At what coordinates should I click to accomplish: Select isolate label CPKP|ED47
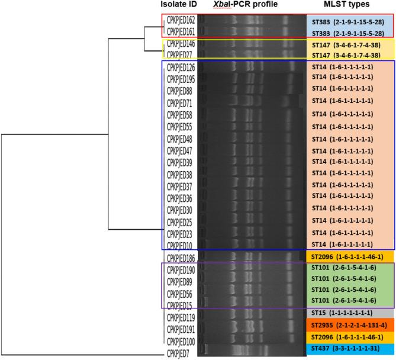point(179,151)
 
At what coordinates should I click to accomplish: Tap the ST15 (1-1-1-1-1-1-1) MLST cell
point(349,313)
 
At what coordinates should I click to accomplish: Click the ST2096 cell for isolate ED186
point(349,258)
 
